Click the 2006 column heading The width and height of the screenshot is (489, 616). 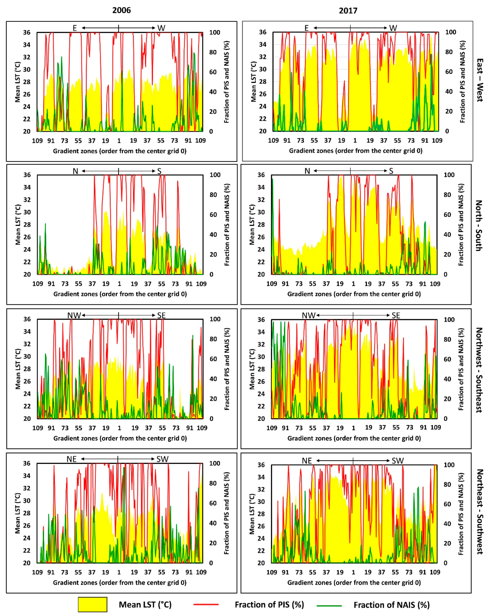tap(121, 10)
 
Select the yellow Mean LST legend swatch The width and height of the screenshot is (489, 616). tap(92, 604)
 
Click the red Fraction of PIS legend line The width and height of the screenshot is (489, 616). tap(206, 604)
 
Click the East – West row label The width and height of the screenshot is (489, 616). tap(480, 80)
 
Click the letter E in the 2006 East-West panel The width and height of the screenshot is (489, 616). tap(75, 28)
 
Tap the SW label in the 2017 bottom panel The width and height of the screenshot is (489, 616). tap(397, 460)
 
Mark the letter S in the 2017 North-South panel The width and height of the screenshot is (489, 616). tap(391, 171)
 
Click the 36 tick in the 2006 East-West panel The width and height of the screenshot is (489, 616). tap(27, 32)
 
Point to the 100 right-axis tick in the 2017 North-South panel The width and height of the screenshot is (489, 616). tap(449, 175)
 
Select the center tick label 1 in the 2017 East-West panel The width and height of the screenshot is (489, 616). tap(355, 140)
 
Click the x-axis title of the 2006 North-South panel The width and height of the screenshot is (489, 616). tap(120, 294)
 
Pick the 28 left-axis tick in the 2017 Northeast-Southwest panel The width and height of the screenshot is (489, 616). tap(261, 513)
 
